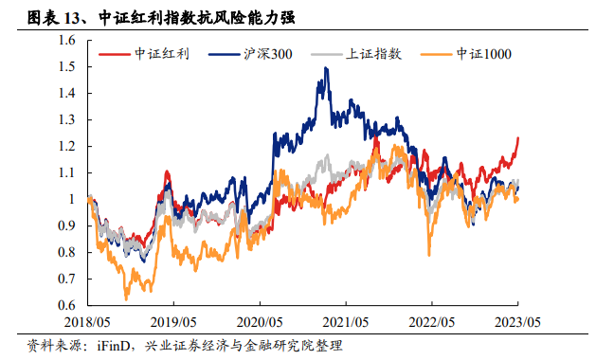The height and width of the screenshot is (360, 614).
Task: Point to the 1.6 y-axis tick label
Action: (66, 40)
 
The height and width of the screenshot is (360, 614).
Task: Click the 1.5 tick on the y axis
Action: (66, 66)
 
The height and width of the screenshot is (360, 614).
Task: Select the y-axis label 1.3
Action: (66, 119)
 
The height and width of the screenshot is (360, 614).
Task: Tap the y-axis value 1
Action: (72, 199)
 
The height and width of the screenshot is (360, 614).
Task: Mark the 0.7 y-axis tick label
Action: (66, 279)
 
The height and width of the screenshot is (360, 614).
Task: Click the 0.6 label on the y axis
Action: (66, 305)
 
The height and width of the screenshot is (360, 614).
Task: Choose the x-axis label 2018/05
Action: (87, 322)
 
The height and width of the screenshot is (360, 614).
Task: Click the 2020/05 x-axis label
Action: (260, 322)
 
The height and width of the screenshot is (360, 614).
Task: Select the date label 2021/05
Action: (346, 322)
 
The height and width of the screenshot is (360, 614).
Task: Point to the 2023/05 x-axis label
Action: (517, 322)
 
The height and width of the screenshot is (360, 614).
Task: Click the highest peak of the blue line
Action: (326, 68)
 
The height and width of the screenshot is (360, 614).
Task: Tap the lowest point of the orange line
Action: (126, 299)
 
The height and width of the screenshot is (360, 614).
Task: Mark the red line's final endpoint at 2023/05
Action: (518, 137)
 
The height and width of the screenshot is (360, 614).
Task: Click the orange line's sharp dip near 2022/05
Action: (429, 255)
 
